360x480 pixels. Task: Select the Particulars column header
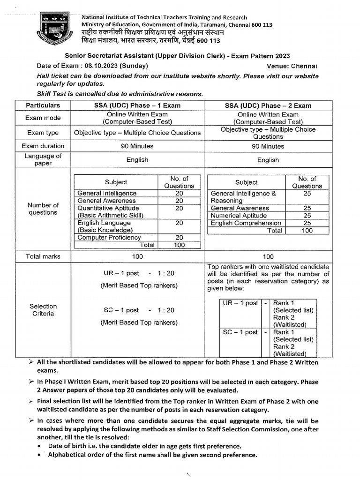(43, 105)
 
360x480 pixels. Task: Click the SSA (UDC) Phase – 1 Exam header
(137, 105)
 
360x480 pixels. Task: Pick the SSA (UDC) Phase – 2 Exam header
(268, 105)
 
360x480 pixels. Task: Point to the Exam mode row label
(43, 118)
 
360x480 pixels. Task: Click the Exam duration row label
(43, 146)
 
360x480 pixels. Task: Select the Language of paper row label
(43, 160)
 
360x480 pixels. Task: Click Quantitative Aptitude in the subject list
(108, 208)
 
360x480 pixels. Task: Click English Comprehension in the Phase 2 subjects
(246, 223)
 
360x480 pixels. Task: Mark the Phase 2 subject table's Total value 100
(307, 231)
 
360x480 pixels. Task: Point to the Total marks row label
(43, 256)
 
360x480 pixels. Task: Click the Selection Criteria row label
(43, 310)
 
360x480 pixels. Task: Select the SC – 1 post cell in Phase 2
(240, 332)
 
